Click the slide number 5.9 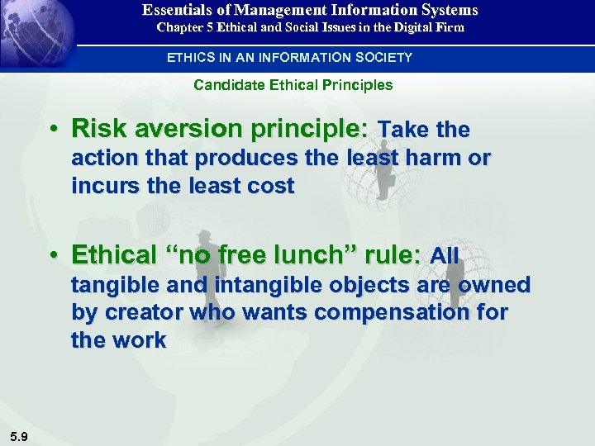tap(18, 437)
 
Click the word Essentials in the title tap(176, 10)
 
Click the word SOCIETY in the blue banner tap(382, 57)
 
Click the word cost tap(269, 186)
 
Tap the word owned tap(494, 285)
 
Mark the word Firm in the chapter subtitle tap(450, 27)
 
